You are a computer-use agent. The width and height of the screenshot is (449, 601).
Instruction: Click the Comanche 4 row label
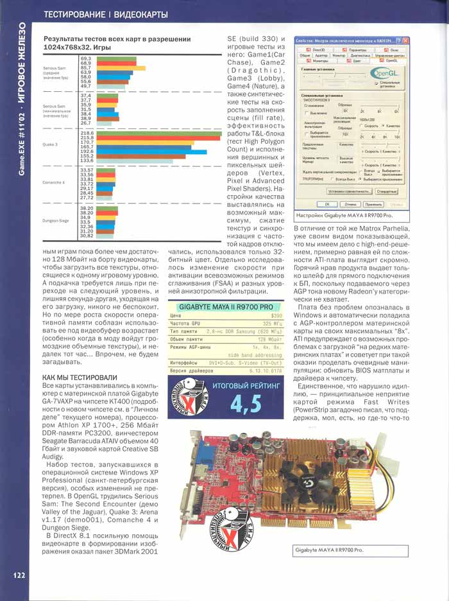[x=53, y=183]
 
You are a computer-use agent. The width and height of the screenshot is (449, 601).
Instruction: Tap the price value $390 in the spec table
[x=276, y=316]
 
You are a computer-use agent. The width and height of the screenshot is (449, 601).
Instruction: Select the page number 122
[x=17, y=575]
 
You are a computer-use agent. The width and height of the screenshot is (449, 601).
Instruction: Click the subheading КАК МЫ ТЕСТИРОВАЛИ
[x=71, y=377]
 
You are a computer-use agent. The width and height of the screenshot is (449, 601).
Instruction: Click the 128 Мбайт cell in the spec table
[x=271, y=338]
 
